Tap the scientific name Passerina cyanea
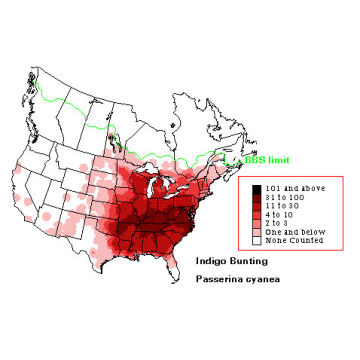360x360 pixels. (x=232, y=285)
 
